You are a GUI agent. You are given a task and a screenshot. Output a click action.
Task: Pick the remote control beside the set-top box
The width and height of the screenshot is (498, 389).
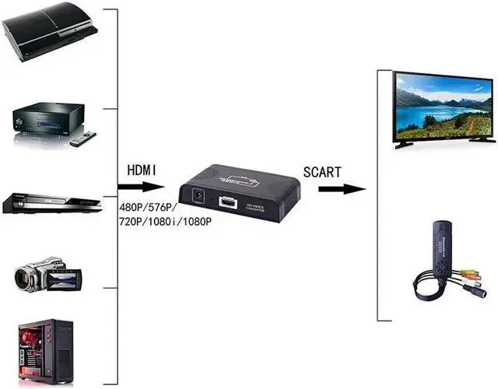(82, 138)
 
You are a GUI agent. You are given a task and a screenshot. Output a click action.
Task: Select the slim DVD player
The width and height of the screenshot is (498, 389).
(51, 202)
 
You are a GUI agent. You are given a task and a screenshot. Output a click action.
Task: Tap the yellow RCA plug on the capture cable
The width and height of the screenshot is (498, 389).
(468, 275)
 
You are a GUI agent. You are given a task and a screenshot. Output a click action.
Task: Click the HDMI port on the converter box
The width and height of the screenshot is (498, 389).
(229, 204)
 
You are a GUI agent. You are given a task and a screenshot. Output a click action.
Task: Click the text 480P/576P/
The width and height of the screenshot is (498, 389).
(149, 208)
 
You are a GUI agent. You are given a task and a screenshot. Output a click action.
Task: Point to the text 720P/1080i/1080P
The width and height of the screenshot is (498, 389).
(165, 222)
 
